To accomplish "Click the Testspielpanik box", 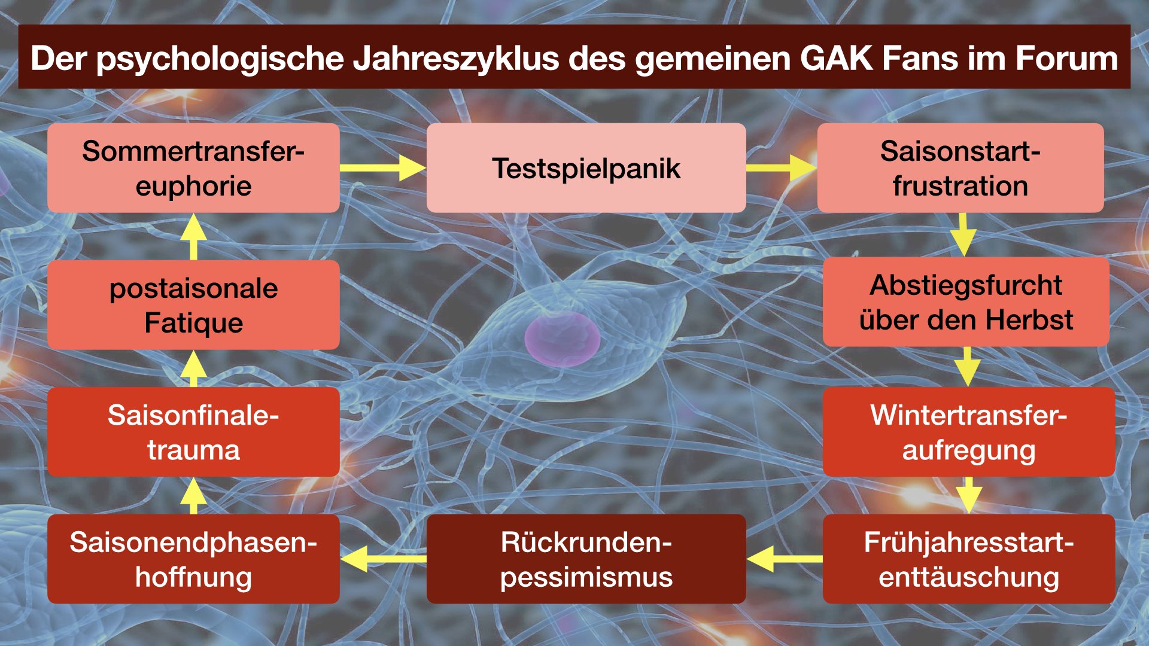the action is point(586,168).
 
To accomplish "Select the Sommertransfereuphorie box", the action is point(193,168).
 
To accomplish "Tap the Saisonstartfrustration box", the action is point(960,168).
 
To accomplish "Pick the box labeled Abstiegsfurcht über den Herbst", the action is point(966,302).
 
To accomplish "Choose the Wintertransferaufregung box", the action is point(969,432).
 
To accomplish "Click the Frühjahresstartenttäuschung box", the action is point(969,559).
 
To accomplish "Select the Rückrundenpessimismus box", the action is point(586,559).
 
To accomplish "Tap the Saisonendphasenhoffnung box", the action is point(193,559).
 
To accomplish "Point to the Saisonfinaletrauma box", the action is point(193,432).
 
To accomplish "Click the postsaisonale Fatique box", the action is point(193,305).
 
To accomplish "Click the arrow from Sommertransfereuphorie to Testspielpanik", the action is point(383,168).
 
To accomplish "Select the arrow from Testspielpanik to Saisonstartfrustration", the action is point(782,168).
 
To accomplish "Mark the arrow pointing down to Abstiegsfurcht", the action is point(963,235).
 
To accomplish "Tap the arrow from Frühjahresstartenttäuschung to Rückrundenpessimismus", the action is point(785,559).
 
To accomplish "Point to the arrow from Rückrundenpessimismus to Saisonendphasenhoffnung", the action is point(383,559).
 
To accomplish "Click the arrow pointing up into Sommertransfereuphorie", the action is point(193,236).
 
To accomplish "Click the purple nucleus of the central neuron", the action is point(562,339).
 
